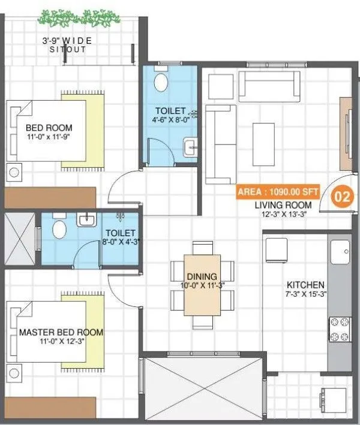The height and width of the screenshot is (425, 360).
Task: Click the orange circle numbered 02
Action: (x=341, y=197)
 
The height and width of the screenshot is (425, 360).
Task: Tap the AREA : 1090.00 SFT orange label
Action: (x=277, y=193)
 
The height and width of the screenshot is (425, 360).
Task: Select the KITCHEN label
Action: (x=305, y=285)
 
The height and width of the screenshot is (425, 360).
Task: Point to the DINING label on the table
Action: (x=202, y=276)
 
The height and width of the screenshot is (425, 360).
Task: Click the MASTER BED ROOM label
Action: (x=61, y=331)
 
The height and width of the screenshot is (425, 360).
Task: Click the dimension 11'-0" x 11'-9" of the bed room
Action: (x=49, y=138)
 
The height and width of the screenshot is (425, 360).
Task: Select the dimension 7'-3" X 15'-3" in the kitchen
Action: (x=305, y=295)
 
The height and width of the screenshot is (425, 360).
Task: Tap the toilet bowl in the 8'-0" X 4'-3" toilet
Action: (x=59, y=228)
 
